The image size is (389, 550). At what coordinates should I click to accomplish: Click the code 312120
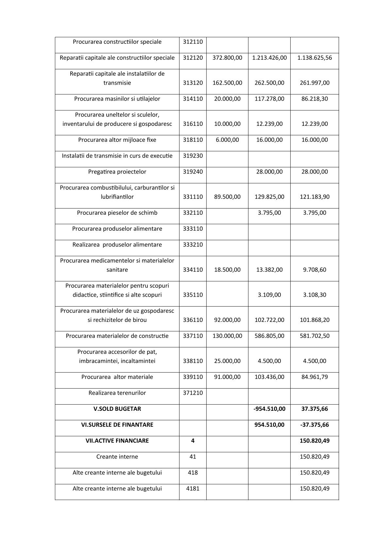(193, 58)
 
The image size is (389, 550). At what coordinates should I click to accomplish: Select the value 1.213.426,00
(269, 58)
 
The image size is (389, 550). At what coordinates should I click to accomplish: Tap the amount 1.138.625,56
(314, 58)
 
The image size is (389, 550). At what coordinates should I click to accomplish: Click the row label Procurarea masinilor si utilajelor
(117, 99)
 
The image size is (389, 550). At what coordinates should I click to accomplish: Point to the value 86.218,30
(314, 99)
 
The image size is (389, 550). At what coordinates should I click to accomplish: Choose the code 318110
(193, 140)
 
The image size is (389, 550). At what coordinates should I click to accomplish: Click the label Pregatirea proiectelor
(117, 172)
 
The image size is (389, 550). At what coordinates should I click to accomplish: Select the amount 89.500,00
(227, 197)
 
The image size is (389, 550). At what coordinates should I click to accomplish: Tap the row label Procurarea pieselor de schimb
(117, 213)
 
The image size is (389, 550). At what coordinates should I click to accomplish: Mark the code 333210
(193, 245)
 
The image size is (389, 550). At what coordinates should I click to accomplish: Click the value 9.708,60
(314, 270)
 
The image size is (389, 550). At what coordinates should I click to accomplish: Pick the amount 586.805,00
(269, 336)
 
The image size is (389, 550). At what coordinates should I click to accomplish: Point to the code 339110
(193, 377)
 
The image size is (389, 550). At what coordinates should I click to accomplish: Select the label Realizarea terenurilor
(117, 393)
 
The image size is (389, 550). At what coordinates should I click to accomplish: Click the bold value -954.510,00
(269, 409)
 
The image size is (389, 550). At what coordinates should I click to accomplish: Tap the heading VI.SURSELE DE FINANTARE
(117, 425)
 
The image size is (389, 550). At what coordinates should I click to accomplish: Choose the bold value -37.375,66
(314, 425)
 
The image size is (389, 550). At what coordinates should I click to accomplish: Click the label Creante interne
(117, 457)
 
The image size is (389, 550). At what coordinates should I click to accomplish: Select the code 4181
(193, 489)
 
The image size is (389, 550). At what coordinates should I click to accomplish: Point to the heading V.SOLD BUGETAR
(117, 409)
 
